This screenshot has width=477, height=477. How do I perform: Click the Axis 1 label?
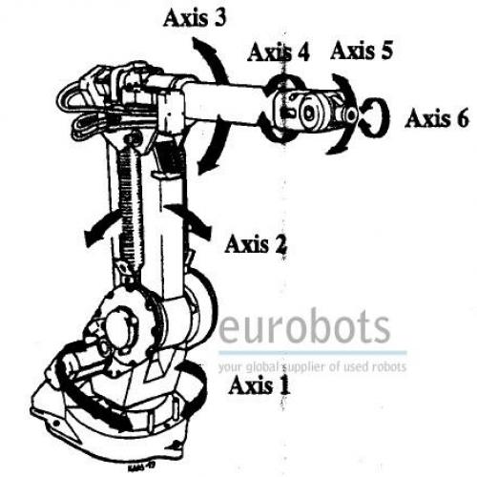click(x=259, y=384)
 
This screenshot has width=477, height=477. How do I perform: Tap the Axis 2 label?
click(x=256, y=244)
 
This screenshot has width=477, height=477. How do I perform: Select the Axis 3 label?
click(x=195, y=17)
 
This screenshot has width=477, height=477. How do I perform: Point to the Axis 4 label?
click(x=279, y=52)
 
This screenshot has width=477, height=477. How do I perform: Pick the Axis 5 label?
click(x=362, y=51)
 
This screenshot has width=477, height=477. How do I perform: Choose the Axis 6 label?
click(x=437, y=118)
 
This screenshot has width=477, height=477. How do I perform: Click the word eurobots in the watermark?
click(x=304, y=326)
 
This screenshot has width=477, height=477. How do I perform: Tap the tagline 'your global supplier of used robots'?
click(x=312, y=366)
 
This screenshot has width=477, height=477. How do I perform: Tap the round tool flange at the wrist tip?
click(x=351, y=114)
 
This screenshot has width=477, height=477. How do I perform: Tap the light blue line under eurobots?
click(x=312, y=353)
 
